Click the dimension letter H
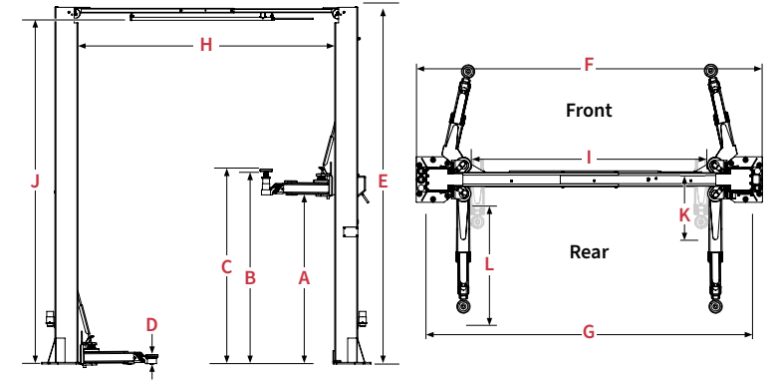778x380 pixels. (x=206, y=45)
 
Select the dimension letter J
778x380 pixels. (x=35, y=182)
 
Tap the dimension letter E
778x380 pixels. (x=383, y=182)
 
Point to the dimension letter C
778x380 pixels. (x=226, y=267)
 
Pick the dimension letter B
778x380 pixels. (x=250, y=278)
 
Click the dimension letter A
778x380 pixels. (x=304, y=278)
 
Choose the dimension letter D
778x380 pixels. (x=151, y=325)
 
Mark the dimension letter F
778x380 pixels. (x=589, y=65)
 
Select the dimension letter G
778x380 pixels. (x=589, y=332)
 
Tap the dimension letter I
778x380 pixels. (x=589, y=158)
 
